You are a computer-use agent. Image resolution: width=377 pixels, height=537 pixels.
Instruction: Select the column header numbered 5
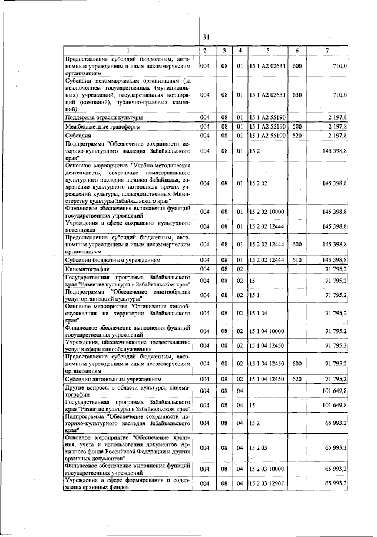coord(267,51)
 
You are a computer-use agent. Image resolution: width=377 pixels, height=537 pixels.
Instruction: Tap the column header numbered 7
coord(327,51)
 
